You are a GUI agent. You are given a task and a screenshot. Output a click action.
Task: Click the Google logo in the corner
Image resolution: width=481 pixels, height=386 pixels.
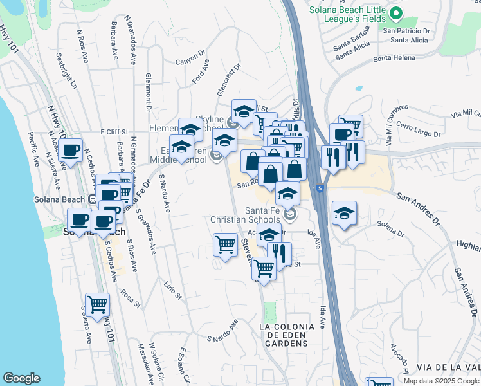(21, 378)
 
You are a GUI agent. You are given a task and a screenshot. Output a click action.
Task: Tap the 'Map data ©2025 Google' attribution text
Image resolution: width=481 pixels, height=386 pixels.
(440, 381)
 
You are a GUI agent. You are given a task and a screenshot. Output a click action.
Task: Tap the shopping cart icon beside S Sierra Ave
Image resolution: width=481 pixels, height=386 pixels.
(97, 304)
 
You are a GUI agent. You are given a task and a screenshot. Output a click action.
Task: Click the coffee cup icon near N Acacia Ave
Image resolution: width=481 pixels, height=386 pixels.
(71, 151)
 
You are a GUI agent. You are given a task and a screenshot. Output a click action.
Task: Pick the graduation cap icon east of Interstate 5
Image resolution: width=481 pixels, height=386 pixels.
(345, 214)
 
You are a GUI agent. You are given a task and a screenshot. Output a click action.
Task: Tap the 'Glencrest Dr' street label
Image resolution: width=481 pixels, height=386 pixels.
(228, 77)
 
